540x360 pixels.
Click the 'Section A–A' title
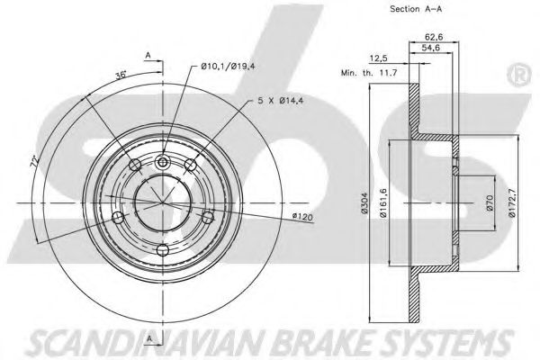pyautogui.click(x=391, y=11)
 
